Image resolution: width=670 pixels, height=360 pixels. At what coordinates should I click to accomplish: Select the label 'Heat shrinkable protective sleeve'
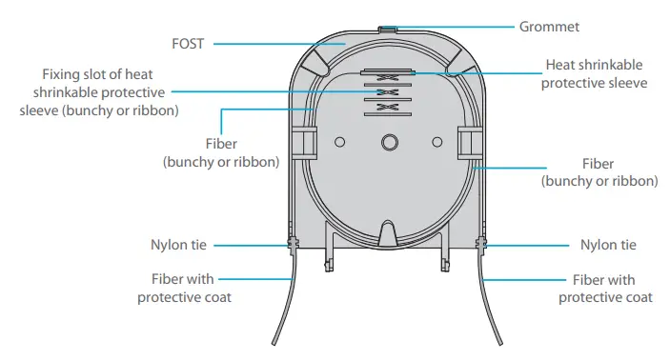594,74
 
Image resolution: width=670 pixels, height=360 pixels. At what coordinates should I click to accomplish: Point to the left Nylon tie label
179,245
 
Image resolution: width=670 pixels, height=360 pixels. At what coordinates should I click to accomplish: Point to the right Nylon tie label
607,245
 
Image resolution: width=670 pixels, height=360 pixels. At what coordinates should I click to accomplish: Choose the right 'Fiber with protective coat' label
605,289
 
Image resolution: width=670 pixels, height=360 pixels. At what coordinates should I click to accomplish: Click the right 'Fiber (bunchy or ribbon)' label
599,172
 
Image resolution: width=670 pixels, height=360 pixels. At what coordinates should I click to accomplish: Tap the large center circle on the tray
388,142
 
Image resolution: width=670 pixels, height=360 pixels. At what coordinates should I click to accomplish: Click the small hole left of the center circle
339,142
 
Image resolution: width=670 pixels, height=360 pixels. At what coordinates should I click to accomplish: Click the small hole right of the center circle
437,142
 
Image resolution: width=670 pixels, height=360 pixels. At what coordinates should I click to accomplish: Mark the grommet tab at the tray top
386,30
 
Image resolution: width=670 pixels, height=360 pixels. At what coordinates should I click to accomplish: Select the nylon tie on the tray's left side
291,245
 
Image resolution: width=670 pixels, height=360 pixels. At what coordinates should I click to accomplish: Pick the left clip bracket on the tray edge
303,143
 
